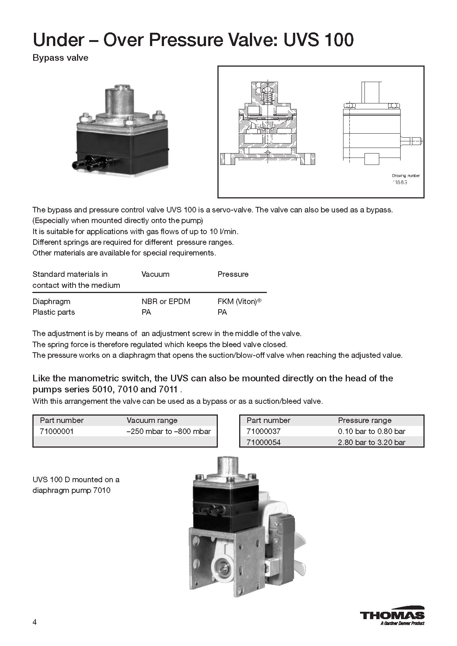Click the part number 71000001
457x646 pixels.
click(x=57, y=431)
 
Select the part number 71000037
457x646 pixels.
click(x=264, y=431)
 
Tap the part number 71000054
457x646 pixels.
click(x=264, y=442)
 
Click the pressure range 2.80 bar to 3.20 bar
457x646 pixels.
click(x=371, y=442)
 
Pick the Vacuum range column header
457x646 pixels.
click(x=152, y=420)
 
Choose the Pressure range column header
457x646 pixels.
click(x=364, y=420)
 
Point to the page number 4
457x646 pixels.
click(x=35, y=622)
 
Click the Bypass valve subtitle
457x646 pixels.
click(x=60, y=58)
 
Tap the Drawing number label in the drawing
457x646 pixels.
click(x=406, y=176)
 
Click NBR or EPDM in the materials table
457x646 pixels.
click(x=166, y=301)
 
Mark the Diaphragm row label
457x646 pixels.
click(x=51, y=301)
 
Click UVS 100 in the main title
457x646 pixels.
click(x=318, y=40)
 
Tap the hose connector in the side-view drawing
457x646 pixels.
click(x=411, y=141)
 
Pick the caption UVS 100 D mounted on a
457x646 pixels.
click(x=76, y=480)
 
